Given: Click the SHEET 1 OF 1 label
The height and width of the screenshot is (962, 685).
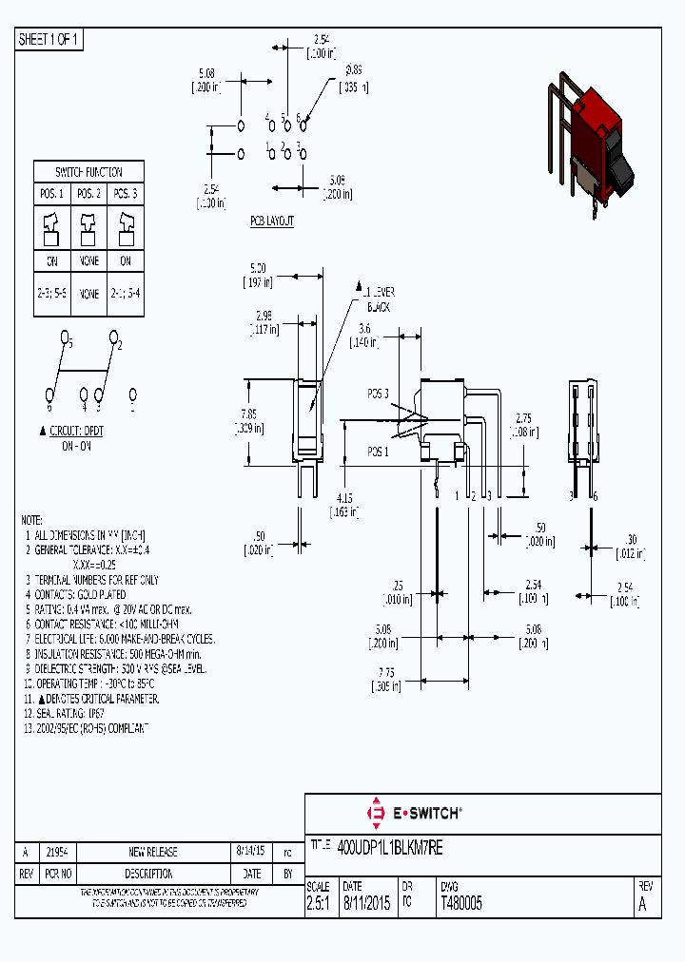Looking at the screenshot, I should pyautogui.click(x=49, y=40).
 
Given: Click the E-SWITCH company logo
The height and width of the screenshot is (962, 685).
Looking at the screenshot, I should pyautogui.click(x=414, y=813).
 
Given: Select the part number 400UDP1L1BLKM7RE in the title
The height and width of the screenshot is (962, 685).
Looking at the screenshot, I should pyautogui.click(x=390, y=845).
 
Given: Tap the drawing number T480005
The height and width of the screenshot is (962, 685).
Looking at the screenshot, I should pyautogui.click(x=461, y=904).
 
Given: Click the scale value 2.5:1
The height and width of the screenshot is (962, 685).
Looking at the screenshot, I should pyautogui.click(x=318, y=904).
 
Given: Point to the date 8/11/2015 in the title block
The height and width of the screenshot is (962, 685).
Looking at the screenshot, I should pyautogui.click(x=365, y=904).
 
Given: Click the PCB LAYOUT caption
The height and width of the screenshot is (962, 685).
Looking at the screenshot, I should pyautogui.click(x=272, y=221).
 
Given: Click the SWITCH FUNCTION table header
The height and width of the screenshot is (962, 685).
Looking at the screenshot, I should pyautogui.click(x=88, y=172).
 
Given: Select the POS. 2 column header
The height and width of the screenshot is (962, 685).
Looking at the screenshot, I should pyautogui.click(x=88, y=194).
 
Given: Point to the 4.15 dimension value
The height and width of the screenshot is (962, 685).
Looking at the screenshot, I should pyautogui.click(x=344, y=497).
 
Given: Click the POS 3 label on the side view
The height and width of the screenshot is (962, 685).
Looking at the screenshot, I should pyautogui.click(x=378, y=393).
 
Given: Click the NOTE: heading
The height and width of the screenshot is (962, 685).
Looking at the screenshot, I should pyautogui.click(x=31, y=521).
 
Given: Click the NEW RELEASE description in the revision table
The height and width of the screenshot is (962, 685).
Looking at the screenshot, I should pyautogui.click(x=153, y=852).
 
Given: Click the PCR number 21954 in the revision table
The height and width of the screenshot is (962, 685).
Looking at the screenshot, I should pyautogui.click(x=57, y=852).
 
